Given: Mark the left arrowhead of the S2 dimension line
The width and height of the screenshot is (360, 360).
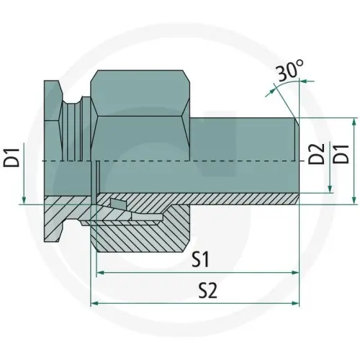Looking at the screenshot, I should [94, 303].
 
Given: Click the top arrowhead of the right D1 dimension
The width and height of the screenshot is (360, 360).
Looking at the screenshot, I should [356, 121].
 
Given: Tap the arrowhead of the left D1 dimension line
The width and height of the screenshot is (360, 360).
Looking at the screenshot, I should [24, 201].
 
